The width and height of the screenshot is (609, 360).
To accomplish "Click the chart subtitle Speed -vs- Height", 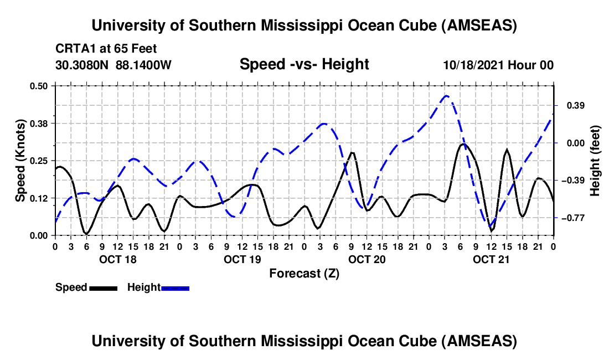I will pyautogui.click(x=304, y=65).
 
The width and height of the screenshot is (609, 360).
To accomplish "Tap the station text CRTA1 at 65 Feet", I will pyautogui.click(x=98, y=49).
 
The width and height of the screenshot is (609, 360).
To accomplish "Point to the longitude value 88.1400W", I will pyautogui.click(x=144, y=65).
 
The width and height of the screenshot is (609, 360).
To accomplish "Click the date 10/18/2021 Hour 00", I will pyautogui.click(x=498, y=65).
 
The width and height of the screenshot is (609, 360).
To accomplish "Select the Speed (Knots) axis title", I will pyautogui.click(x=20, y=161).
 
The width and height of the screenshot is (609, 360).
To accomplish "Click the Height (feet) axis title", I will pyautogui.click(x=595, y=161).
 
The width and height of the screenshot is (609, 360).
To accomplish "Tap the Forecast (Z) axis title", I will pyautogui.click(x=304, y=273).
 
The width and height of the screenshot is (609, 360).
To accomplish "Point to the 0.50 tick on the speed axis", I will pyautogui.click(x=39, y=85).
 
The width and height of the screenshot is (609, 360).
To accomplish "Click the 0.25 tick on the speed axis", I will pyautogui.click(x=39, y=161).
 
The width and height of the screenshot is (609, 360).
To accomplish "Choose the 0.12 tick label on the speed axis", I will pyautogui.click(x=39, y=198).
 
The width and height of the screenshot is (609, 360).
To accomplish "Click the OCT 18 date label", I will pyautogui.click(x=117, y=259).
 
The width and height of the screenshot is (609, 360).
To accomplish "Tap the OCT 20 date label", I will pyautogui.click(x=367, y=259).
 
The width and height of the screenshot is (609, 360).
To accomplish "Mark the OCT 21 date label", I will pyautogui.click(x=491, y=259).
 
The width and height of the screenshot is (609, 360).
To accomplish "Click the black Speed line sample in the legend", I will pyautogui.click(x=103, y=287).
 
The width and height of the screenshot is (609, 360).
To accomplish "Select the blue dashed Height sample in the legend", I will pyautogui.click(x=175, y=287).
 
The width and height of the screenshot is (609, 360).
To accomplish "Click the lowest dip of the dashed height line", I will pyautogui.click(x=491, y=227).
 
